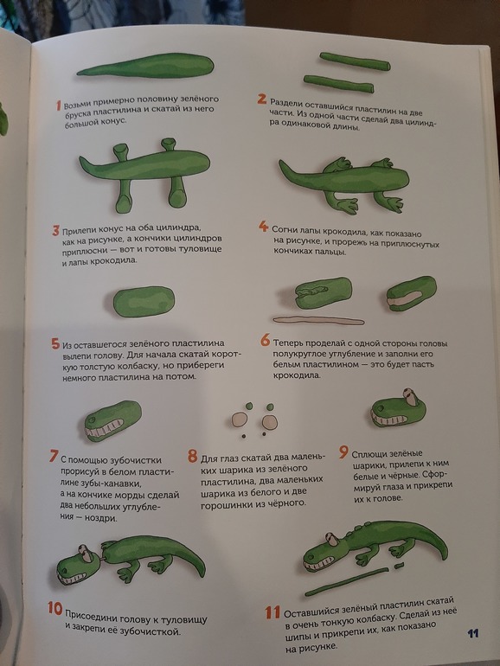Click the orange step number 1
[59, 105]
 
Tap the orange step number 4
[263, 227]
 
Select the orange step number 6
[265, 340]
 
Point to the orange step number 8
[192, 457]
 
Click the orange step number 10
[55, 608]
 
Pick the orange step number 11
[272, 612]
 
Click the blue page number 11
[473, 634]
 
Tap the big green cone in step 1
[146, 67]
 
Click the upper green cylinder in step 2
[355, 61]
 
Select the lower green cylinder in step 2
[338, 84]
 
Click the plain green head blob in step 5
[144, 302]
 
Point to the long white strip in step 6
[318, 320]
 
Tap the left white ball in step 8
[240, 419]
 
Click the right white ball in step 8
[270, 422]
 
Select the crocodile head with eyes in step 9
[398, 408]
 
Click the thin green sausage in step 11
[347, 581]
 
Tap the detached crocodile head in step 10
[80, 565]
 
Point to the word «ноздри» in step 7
[102, 518]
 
